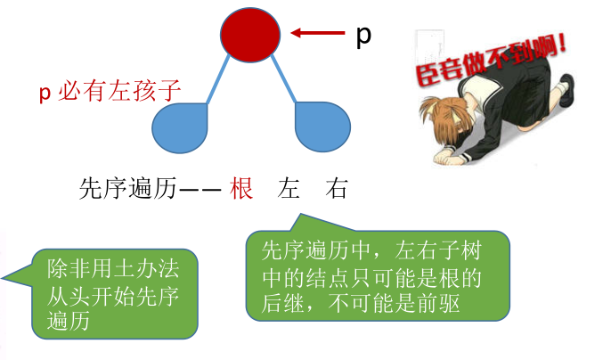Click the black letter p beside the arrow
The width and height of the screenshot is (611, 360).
click(363, 36)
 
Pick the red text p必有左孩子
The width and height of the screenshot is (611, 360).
click(110, 91)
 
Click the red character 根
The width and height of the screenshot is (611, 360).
click(241, 189)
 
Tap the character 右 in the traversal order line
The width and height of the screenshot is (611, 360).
click(337, 189)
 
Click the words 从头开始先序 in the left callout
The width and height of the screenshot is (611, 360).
click(112, 294)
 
